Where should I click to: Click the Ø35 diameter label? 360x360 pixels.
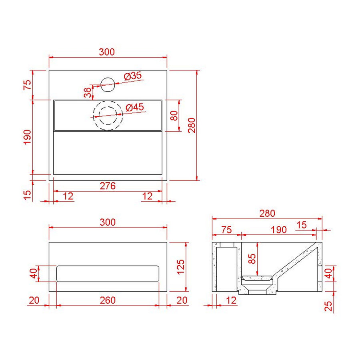pos(133,76)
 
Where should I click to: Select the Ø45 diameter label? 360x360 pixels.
pos(134,108)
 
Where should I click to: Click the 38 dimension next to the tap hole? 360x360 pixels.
pos(88,93)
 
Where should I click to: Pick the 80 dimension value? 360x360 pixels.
pos(174,116)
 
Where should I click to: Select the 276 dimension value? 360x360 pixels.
pos(108,186)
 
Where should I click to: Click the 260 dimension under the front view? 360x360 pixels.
pos(108,300)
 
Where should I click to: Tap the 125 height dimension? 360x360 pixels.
pos(180,266)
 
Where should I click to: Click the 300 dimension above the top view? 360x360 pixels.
pos(107,52)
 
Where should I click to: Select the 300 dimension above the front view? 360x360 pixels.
pos(108,222)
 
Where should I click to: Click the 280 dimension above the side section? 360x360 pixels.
pos(267,214)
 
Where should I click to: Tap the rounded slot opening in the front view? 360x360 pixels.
pos(108,274)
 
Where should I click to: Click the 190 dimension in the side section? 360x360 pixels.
pos(278,230)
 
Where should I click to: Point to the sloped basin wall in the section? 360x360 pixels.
pos(298,260)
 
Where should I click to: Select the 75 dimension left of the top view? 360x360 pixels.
pos(27,85)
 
